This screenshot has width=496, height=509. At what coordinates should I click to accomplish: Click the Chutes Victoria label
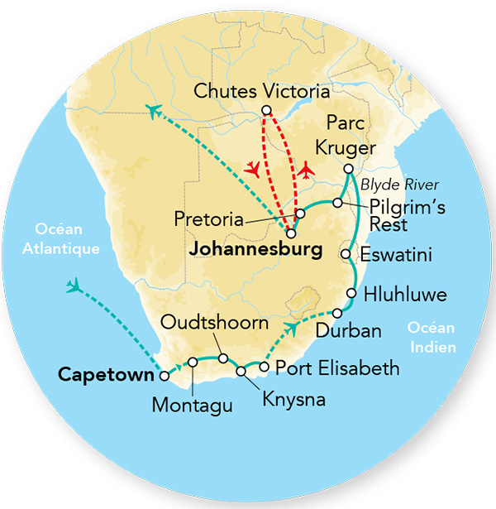pyautogui.click(x=262, y=91)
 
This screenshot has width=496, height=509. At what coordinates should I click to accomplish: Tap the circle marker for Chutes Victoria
pyautogui.click(x=265, y=111)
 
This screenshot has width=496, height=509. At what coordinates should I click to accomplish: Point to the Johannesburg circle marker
pyautogui.click(x=290, y=233)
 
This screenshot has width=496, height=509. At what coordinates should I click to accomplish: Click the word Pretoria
pyautogui.click(x=210, y=220)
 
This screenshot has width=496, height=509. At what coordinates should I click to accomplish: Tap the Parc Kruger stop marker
pyautogui.click(x=348, y=170)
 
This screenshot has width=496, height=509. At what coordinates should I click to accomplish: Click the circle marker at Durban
pyautogui.click(x=337, y=313)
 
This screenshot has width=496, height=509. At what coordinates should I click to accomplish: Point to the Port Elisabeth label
pyautogui.click(x=336, y=367)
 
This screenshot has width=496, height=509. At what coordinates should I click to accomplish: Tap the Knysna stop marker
pyautogui.click(x=241, y=371)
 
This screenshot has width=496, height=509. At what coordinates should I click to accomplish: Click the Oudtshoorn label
pyautogui.click(x=215, y=323)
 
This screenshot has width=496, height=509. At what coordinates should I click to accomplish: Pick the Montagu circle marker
pyautogui.click(x=193, y=361)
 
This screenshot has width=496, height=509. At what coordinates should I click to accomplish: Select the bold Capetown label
pyautogui.click(x=106, y=375)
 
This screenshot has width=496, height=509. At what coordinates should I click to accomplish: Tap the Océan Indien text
pyautogui.click(x=430, y=338)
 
